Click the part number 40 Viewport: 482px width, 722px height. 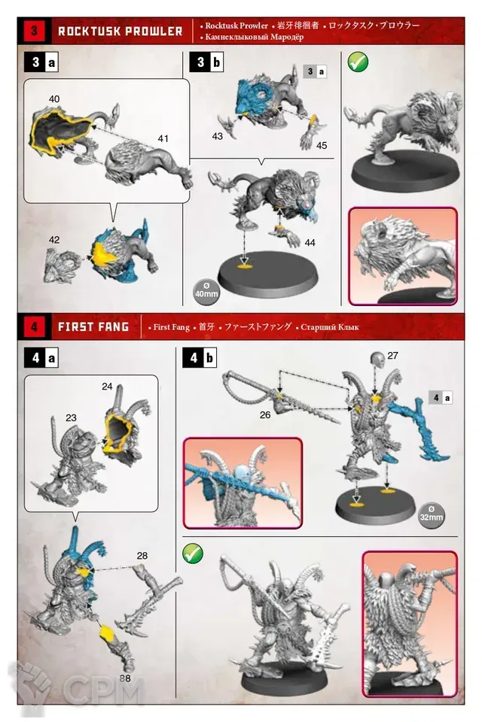point(54,99)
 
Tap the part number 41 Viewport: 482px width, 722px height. point(163,138)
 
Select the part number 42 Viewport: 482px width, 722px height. point(54,240)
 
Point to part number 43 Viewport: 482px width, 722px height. point(217,136)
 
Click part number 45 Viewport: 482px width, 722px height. point(322,145)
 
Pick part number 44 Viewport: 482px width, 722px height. point(310,243)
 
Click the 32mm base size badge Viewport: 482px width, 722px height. point(432,514)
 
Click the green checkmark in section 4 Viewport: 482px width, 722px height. point(193,554)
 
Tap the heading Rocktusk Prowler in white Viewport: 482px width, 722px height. point(120,32)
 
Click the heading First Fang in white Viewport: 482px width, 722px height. point(93,327)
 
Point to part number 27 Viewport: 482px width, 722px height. point(392,356)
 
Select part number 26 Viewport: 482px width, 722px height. point(265,415)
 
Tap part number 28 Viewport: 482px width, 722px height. point(142,556)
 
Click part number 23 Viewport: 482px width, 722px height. point(71,417)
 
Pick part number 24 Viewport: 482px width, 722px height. point(107,387)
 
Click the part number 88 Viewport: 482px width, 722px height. point(124,678)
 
